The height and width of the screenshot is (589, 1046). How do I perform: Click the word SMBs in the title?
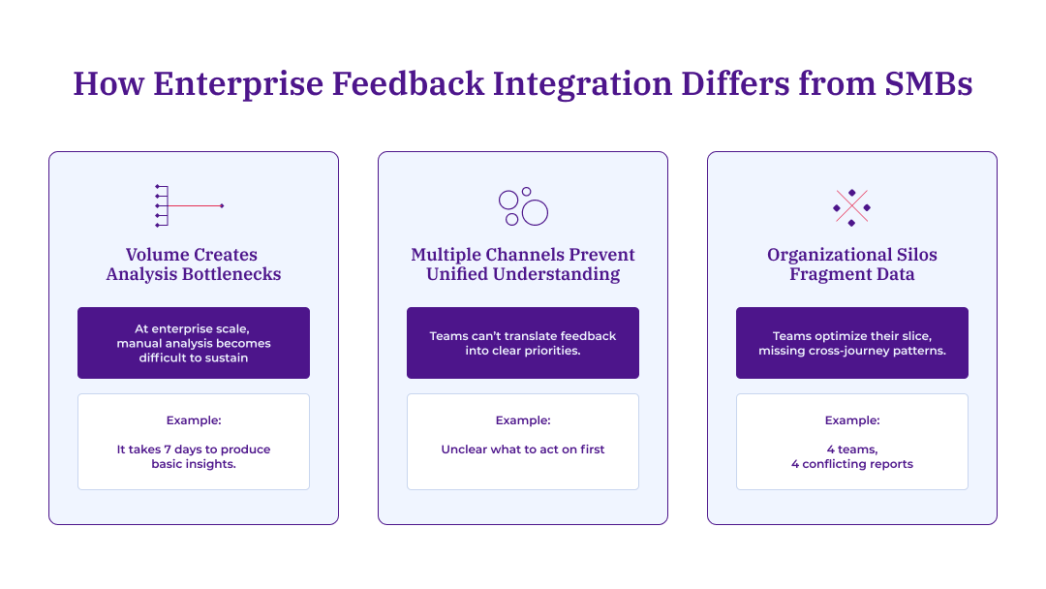click(x=929, y=83)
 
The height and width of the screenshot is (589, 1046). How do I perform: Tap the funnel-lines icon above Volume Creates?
click(x=190, y=205)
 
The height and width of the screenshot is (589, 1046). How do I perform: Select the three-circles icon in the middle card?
click(x=523, y=206)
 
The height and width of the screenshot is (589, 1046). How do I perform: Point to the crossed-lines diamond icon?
click(x=851, y=206)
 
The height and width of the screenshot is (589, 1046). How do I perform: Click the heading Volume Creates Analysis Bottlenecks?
click(x=194, y=264)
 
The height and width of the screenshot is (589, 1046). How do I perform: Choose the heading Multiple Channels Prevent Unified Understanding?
click(x=523, y=264)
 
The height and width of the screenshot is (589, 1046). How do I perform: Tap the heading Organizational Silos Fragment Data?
click(x=852, y=264)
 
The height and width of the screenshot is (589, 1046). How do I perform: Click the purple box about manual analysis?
click(x=194, y=343)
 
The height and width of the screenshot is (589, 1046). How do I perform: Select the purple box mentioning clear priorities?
click(x=523, y=343)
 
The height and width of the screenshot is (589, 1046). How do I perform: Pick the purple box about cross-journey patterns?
click(x=852, y=343)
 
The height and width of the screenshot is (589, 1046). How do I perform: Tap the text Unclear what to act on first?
click(x=523, y=449)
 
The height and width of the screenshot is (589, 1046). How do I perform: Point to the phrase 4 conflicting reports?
click(x=852, y=464)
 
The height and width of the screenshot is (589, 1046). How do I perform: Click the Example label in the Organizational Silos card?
click(x=852, y=420)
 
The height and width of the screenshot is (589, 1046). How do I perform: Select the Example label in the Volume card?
click(x=194, y=420)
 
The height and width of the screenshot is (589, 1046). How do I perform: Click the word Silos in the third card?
click(x=914, y=255)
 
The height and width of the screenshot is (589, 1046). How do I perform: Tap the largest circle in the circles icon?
click(x=535, y=213)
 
